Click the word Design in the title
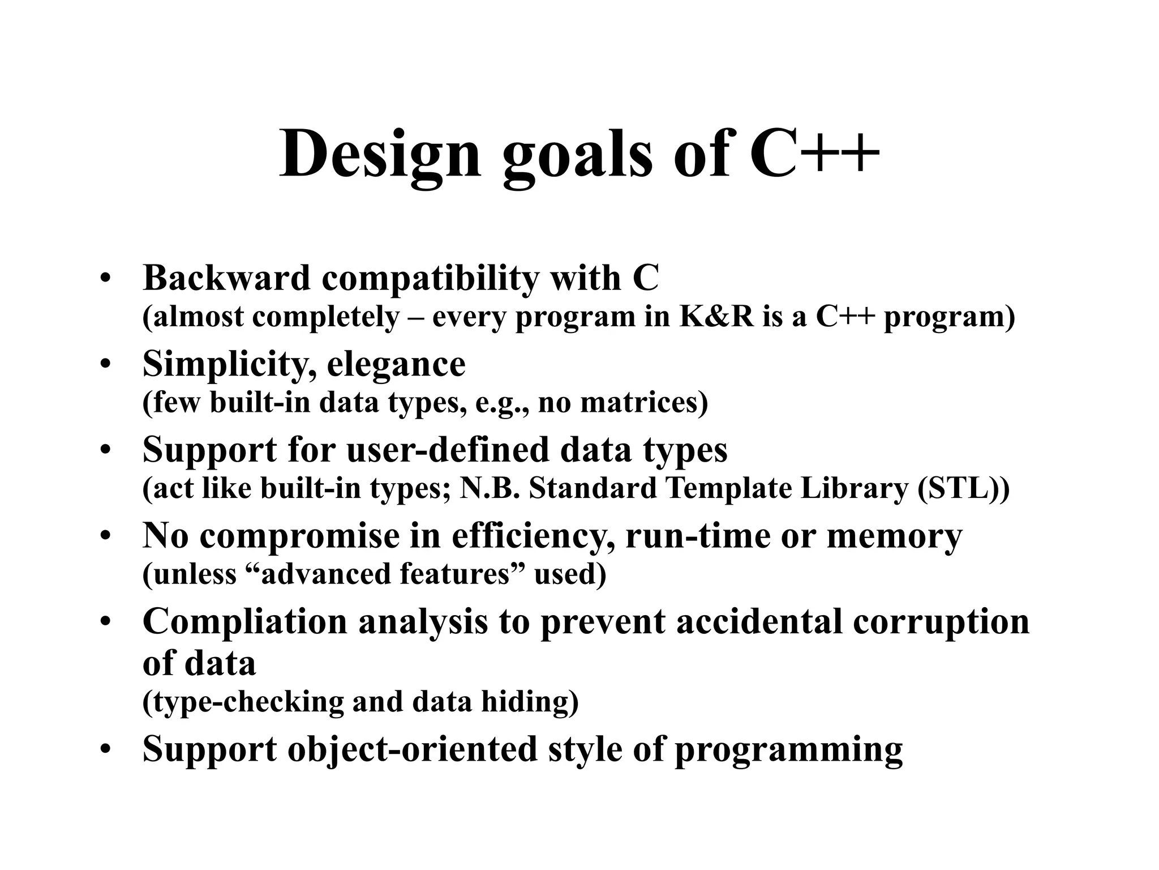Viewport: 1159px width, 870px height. point(380,154)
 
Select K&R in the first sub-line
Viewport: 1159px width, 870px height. point(716,317)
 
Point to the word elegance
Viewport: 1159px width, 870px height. point(396,364)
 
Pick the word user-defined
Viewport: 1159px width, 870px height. point(447,450)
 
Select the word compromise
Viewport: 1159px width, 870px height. point(299,536)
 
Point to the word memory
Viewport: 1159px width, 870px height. point(894,536)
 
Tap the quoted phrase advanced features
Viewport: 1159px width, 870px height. point(385,574)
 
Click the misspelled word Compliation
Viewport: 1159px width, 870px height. point(244,622)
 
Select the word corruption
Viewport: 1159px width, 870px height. point(941,622)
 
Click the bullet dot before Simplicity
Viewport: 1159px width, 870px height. point(105,366)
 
